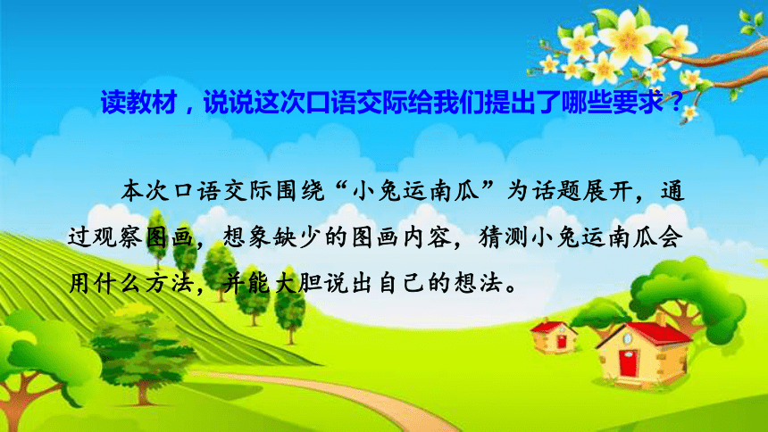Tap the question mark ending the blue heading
pyautogui.click(x=676, y=103)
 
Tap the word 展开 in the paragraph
pyautogui.click(x=607, y=190)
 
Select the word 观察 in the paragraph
pyautogui.click(x=118, y=237)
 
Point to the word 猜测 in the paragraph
pyautogui.click(x=504, y=237)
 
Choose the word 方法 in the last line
pyautogui.click(x=169, y=284)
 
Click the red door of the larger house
pyautogui.click(x=628, y=362)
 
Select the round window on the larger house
pyautogui.click(x=628, y=338)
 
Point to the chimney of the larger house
pyautogui.click(x=662, y=320)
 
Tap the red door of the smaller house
pyautogui.click(x=562, y=341)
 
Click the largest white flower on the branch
pyautogui.click(x=628, y=37)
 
